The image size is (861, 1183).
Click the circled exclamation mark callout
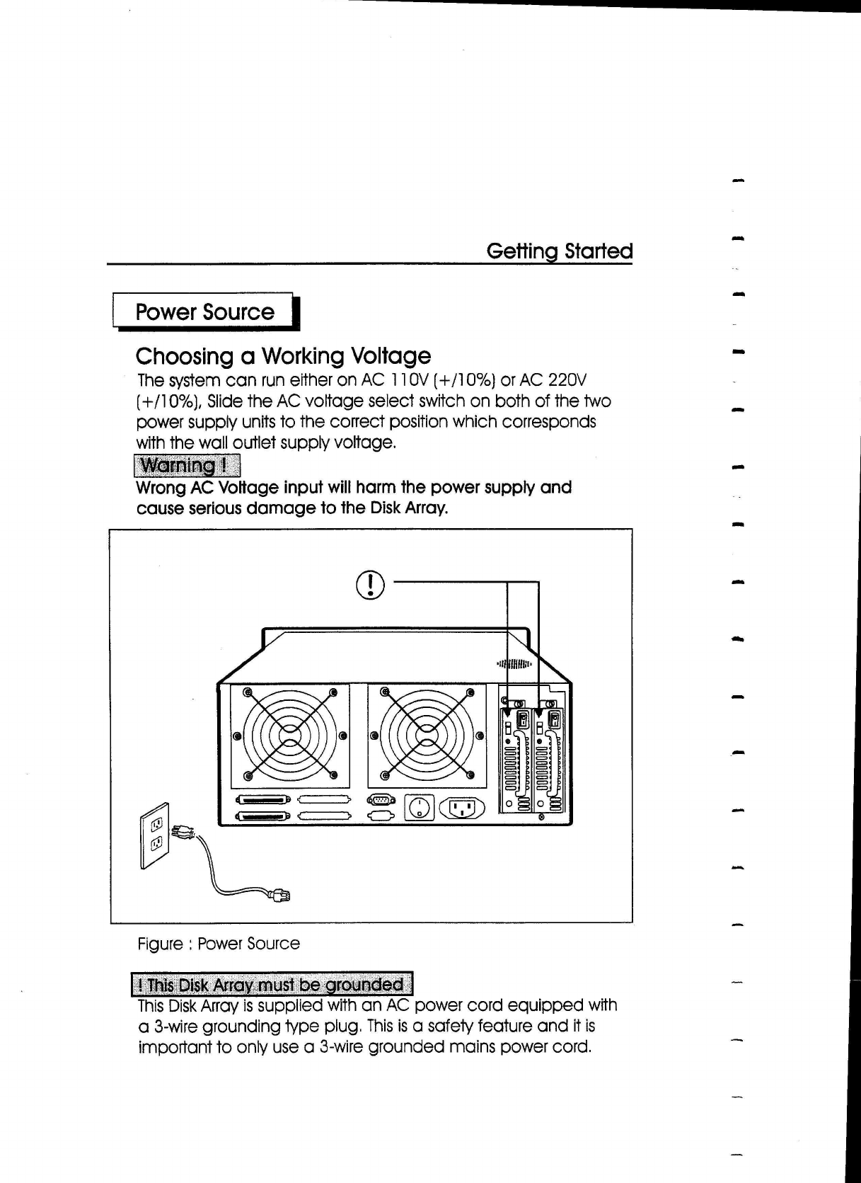pos(371,583)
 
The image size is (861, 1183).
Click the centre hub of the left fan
pos(290,736)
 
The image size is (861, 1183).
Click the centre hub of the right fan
pos(427,736)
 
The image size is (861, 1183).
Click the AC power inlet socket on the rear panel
pos(462,808)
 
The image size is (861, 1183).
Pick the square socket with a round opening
pos(419,808)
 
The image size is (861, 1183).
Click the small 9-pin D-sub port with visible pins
pos(381,799)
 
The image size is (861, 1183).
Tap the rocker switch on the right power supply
pos(555,720)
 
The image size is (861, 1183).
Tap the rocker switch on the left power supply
pos(523,720)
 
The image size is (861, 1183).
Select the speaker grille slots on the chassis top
pos(514,664)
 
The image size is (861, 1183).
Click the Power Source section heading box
pos(204,312)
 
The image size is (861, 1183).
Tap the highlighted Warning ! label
pos(187,466)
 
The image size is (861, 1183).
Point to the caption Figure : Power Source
pos(219,944)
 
